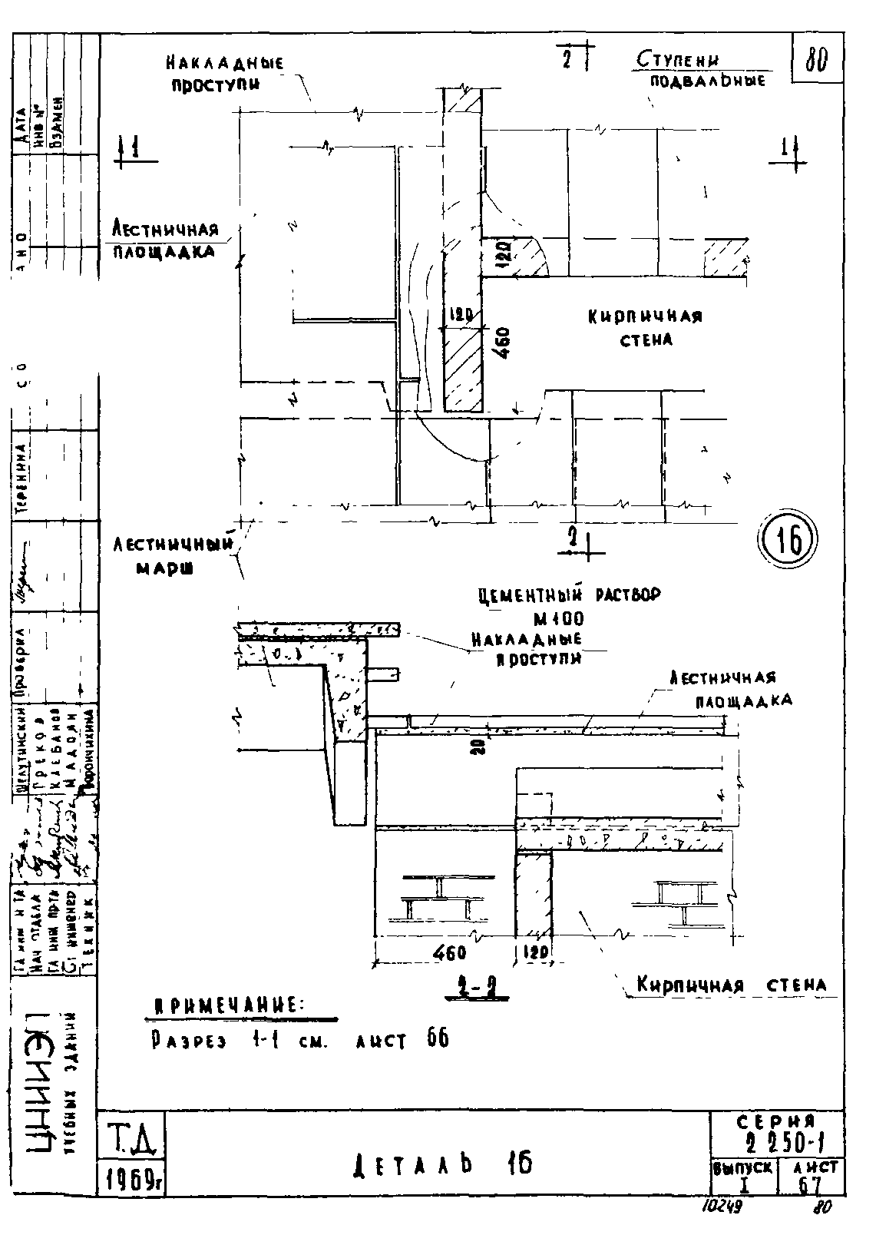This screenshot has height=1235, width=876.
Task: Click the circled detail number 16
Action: pyautogui.click(x=788, y=541)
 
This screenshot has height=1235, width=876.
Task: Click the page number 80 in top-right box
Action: pyautogui.click(x=815, y=60)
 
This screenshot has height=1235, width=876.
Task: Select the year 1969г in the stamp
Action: pyautogui.click(x=131, y=1179)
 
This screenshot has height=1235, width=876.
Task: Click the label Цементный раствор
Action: pyautogui.click(x=568, y=595)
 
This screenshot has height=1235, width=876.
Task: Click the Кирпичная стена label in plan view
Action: pyautogui.click(x=646, y=327)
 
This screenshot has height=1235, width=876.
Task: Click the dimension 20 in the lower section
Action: pyautogui.click(x=477, y=745)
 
